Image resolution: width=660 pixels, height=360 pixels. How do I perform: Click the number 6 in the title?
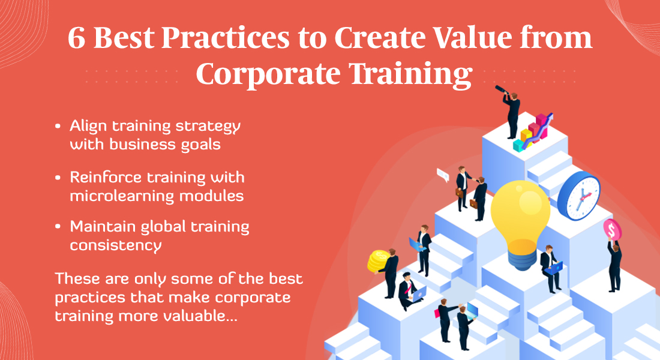click(76, 38)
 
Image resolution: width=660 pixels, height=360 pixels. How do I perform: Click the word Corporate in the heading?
click(268, 74)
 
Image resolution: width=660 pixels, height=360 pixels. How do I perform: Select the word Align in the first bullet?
click(88, 127)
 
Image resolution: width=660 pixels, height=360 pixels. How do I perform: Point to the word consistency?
click(116, 245)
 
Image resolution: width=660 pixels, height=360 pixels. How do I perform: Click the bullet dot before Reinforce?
click(58, 178)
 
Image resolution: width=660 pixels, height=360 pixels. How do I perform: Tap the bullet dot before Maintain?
click(58, 227)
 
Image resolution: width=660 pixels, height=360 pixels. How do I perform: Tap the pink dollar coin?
click(612, 230)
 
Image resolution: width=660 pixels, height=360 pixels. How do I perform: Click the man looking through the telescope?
click(510, 111)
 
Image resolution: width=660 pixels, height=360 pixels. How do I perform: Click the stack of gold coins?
click(377, 261)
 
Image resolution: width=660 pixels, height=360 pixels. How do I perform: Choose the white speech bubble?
click(443, 175)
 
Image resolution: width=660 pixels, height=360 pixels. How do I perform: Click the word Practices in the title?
click(225, 37)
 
